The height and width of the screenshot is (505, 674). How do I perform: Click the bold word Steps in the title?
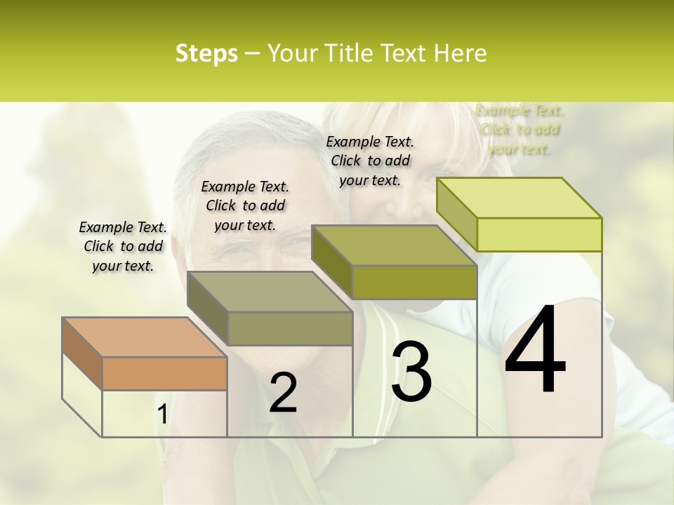[206, 53]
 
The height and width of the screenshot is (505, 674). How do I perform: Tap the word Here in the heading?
[460, 53]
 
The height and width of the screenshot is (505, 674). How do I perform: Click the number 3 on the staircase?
[411, 371]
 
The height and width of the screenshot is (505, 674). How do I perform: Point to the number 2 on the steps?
[283, 392]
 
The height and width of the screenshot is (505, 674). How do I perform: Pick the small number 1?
[162, 415]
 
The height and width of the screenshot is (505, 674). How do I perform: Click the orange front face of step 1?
[164, 373]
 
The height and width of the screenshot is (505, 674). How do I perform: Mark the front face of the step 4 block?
[539, 234]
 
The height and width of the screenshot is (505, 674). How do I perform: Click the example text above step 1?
[123, 246]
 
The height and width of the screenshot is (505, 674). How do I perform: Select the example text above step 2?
[245, 206]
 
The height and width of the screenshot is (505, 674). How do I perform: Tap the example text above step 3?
[370, 161]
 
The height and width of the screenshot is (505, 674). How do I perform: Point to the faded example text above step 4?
[520, 129]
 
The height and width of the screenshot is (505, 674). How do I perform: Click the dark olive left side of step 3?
[331, 262]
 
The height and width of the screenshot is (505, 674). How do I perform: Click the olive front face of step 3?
[414, 282]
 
